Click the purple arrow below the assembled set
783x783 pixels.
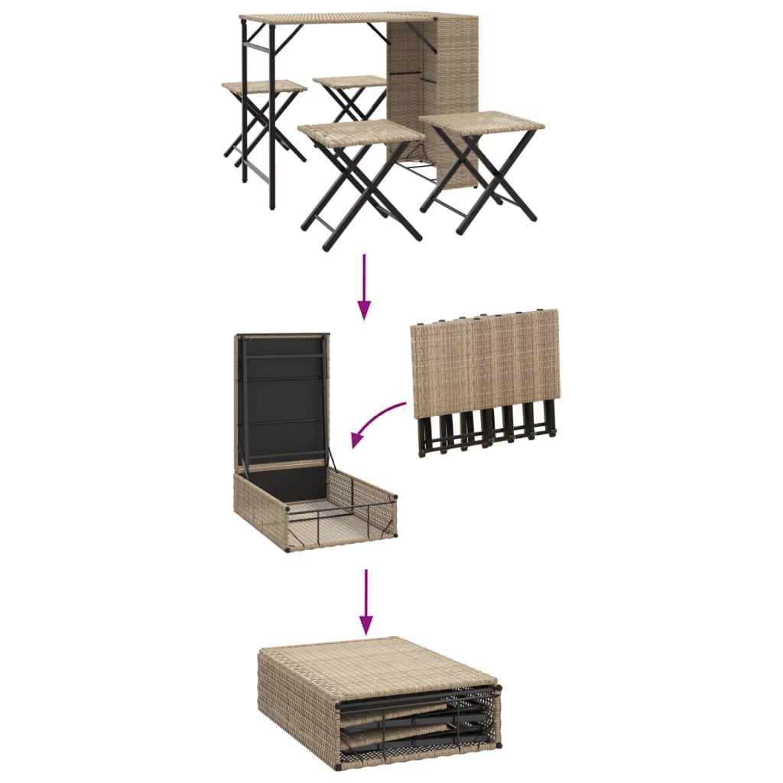pyautogui.click(x=365, y=286)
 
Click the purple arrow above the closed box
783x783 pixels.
pyautogui.click(x=366, y=601)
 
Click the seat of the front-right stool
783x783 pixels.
pyautogui.click(x=482, y=122)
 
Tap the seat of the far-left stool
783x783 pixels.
pyautogui.click(x=264, y=87)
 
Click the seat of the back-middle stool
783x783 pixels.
pyautogui.click(x=350, y=81)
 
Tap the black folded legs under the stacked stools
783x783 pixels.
pyautogui.click(x=486, y=434)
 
